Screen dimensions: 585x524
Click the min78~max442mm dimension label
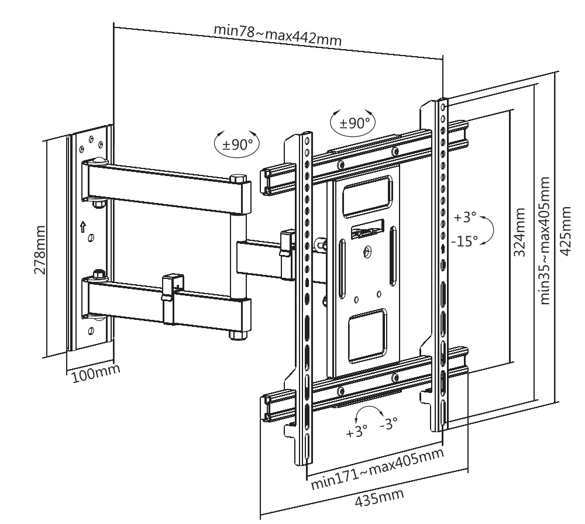pyautogui.click(x=277, y=35)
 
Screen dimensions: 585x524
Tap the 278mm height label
pyautogui.click(x=40, y=250)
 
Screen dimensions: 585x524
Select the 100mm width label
pyautogui.click(x=96, y=373)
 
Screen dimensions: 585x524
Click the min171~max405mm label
pyautogui.click(x=377, y=468)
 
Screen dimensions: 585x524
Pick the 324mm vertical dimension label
pyautogui.click(x=519, y=232)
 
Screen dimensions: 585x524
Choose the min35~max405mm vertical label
pyautogui.click(x=545, y=240)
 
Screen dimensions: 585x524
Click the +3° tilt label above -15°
pyautogui.click(x=465, y=217)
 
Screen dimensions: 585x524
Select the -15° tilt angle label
pyautogui.click(x=464, y=241)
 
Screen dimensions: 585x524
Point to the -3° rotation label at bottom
pyautogui.click(x=389, y=423)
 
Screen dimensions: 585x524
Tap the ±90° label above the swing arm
pyautogui.click(x=238, y=144)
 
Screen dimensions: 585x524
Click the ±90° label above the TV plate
pyautogui.click(x=355, y=122)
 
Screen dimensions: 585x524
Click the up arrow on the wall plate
pyautogui.click(x=83, y=226)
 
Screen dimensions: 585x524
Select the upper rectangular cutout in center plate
pyautogui.click(x=368, y=197)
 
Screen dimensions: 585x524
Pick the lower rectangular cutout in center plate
pyautogui.click(x=368, y=336)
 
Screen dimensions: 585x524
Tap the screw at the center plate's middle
pyautogui.click(x=367, y=253)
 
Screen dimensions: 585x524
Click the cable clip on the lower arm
pyautogui.click(x=173, y=298)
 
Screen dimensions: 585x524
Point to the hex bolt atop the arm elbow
pyautogui.click(x=239, y=178)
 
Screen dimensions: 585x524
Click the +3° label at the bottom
pyautogui.click(x=357, y=432)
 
